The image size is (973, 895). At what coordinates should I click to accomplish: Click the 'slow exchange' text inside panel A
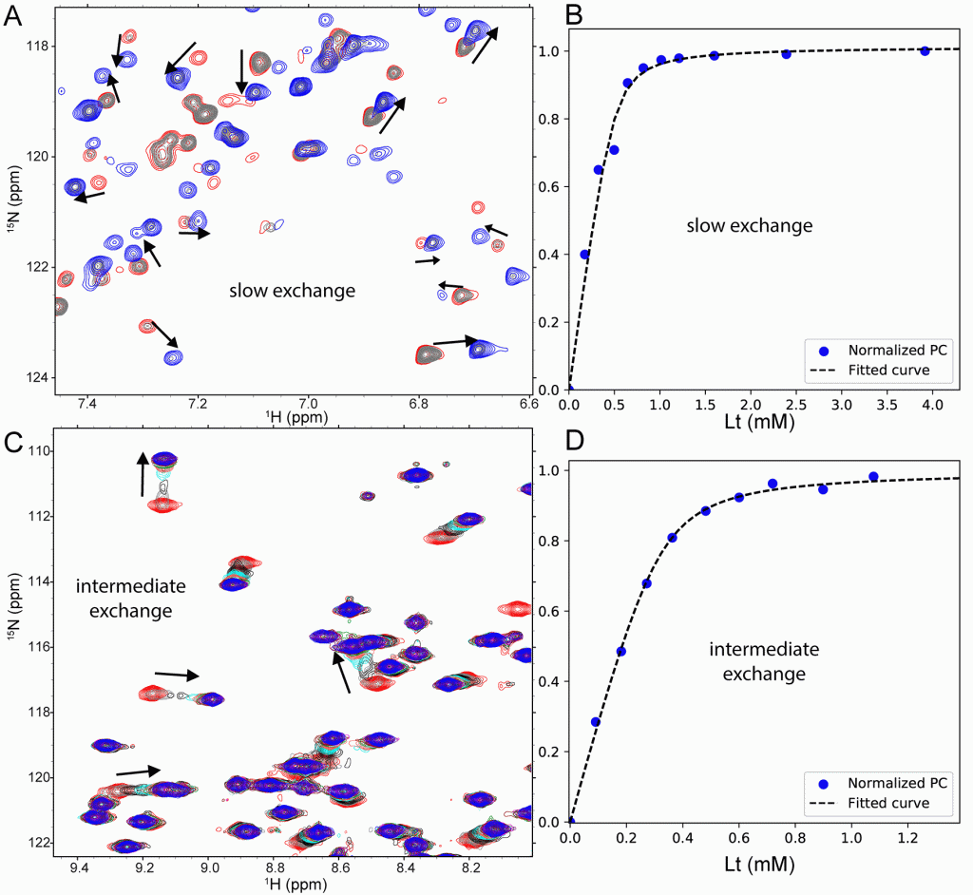tap(292, 291)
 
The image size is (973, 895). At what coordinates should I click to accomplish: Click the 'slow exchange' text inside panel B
tap(751, 226)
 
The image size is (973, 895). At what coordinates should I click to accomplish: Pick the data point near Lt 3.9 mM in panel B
tap(924, 51)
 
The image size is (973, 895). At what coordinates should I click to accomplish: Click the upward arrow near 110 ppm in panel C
tap(143, 473)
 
